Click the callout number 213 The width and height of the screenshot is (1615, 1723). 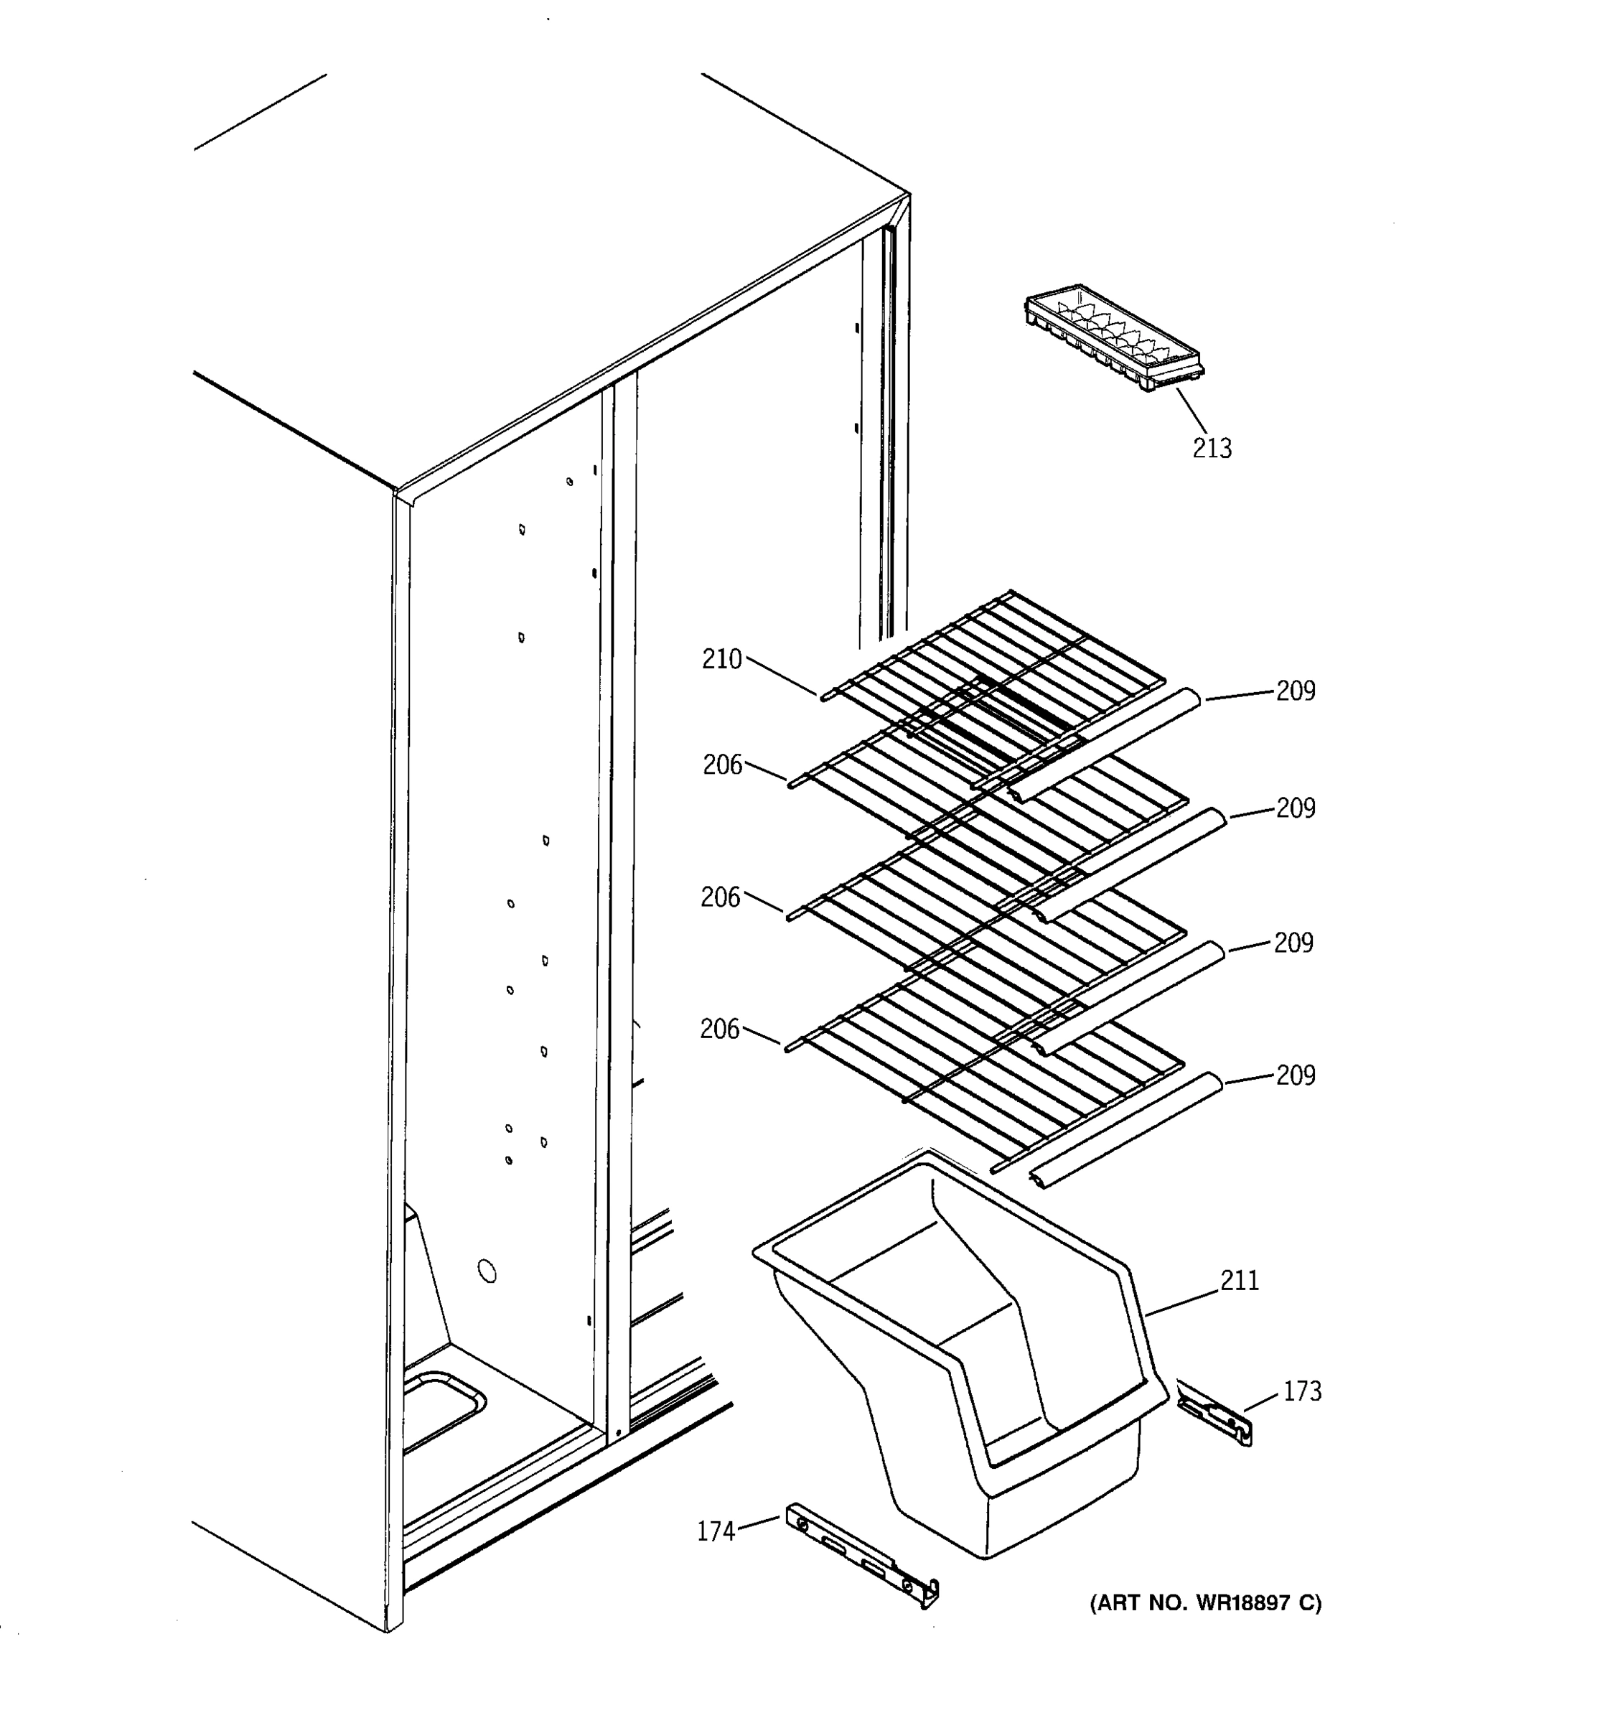click(1212, 448)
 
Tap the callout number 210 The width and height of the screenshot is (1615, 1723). click(721, 660)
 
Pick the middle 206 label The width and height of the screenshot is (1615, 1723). click(721, 897)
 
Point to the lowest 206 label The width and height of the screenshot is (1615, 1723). click(720, 1029)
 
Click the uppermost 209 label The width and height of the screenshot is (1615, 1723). click(1296, 691)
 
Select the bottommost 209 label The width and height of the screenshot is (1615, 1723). click(1296, 1075)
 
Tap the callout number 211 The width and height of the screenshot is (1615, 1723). click(1240, 1280)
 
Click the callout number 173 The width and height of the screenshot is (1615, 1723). click(1302, 1391)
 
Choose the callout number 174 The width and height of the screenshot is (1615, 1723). click(716, 1532)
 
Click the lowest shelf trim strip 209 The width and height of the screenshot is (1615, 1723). click(1126, 1130)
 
